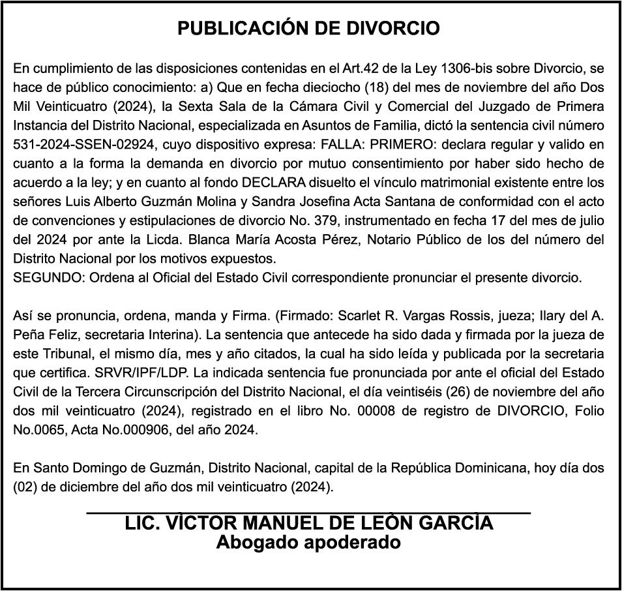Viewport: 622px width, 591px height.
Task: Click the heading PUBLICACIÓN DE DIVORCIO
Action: pyautogui.click(x=309, y=29)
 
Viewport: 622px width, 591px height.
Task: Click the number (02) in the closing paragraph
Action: pyautogui.click(x=25, y=487)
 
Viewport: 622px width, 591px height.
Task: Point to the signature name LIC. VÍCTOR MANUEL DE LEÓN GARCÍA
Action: pyautogui.click(x=309, y=523)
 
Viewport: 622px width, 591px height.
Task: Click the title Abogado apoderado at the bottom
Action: pyautogui.click(x=309, y=542)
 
